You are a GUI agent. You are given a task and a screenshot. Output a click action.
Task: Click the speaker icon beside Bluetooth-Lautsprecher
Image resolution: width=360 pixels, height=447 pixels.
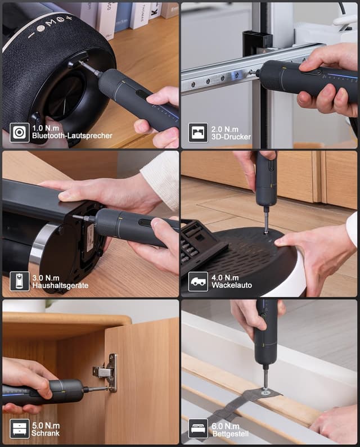point(19,133)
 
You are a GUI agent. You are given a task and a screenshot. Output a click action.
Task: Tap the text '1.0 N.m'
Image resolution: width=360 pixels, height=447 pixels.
point(46,128)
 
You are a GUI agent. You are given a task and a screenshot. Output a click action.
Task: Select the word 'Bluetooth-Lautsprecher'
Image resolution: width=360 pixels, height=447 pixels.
point(72,136)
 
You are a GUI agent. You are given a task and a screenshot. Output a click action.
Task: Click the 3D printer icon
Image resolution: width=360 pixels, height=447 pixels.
point(198,133)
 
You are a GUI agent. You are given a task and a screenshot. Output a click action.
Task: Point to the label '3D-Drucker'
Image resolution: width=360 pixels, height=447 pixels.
point(231,137)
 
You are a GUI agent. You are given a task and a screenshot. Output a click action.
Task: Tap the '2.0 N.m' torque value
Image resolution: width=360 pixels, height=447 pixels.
point(225,129)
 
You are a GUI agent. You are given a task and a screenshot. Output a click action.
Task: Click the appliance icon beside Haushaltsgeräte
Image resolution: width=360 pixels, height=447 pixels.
point(19,281)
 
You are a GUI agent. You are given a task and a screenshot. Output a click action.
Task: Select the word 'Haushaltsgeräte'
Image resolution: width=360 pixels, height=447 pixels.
point(60,286)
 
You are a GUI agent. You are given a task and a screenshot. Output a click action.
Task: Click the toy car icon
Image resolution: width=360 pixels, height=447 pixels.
point(198,281)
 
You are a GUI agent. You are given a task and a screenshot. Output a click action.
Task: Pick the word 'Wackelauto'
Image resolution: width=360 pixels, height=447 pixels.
point(232,285)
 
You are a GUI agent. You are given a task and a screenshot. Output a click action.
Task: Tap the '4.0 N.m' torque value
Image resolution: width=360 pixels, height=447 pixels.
point(225,277)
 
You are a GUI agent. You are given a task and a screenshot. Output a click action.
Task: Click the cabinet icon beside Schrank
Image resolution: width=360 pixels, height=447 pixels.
point(19,429)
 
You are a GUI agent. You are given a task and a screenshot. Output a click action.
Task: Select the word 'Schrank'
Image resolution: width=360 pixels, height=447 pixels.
point(46,434)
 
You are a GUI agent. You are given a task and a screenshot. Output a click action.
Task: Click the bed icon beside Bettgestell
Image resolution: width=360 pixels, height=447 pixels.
point(198,428)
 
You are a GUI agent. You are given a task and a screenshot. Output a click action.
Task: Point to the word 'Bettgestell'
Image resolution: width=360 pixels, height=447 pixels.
point(231,434)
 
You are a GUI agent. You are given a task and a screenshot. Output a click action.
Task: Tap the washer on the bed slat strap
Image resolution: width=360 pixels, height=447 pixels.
point(266,392)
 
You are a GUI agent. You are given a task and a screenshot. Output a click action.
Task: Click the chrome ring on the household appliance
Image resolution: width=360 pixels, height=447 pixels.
point(40,245)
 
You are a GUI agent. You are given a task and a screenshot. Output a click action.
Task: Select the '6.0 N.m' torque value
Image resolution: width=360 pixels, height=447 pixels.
point(226,426)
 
